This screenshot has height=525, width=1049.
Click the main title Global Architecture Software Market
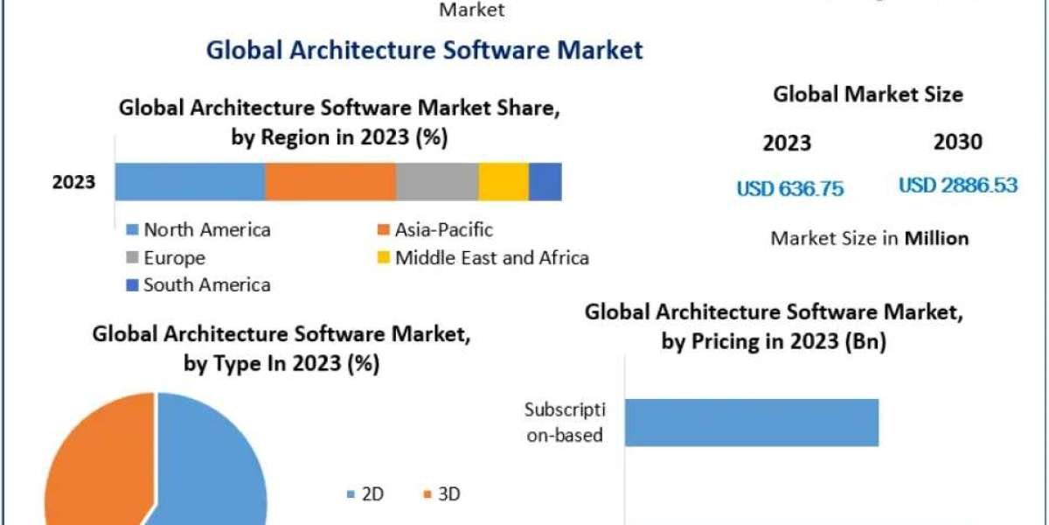tap(424, 50)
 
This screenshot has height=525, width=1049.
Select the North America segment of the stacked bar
tap(190, 182)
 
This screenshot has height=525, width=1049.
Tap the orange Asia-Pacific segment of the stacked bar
tap(330, 182)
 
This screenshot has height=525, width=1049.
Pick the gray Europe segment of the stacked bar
tap(436, 182)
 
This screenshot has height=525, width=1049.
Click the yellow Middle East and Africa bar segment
tap(504, 182)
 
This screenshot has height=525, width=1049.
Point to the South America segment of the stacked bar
tap(545, 182)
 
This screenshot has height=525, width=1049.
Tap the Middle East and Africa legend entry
tap(483, 258)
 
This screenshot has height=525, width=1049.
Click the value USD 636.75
tap(790, 189)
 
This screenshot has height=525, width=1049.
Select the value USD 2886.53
tap(958, 185)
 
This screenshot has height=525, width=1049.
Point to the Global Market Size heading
tap(868, 94)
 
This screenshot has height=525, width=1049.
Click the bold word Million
tap(936, 238)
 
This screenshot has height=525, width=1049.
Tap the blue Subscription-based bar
tap(752, 423)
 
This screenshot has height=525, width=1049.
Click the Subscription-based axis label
tap(565, 422)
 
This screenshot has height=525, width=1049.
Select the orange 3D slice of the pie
tap(92, 464)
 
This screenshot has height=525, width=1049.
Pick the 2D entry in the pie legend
tap(366, 494)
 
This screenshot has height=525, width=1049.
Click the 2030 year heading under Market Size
tap(957, 143)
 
